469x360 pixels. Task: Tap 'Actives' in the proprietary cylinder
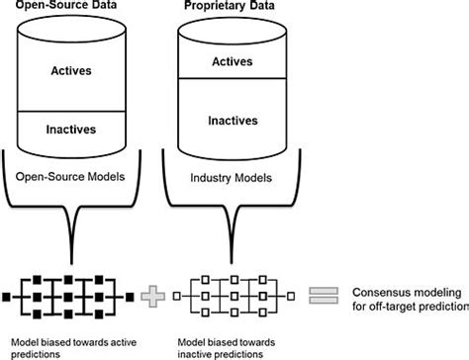point(229,61)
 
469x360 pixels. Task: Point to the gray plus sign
point(152,294)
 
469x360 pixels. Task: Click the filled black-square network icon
point(69,294)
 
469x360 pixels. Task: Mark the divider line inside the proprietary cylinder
point(229,79)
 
